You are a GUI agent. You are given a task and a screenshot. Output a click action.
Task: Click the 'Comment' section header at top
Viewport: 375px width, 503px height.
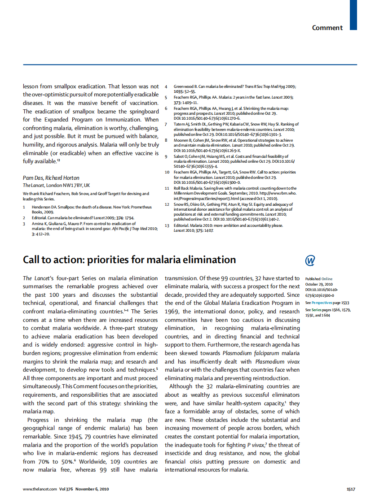click(x=327, y=28)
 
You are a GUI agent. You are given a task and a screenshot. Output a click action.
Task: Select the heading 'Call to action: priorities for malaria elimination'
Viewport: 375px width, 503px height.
click(x=129, y=260)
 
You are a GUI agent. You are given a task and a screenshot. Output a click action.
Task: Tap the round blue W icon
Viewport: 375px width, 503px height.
click(x=309, y=260)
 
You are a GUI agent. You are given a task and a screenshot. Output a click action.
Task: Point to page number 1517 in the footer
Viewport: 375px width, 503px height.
click(x=351, y=489)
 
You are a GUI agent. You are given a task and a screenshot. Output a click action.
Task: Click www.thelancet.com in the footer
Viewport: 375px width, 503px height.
click(x=40, y=489)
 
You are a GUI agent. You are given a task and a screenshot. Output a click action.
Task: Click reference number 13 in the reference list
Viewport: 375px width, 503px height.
click(x=167, y=225)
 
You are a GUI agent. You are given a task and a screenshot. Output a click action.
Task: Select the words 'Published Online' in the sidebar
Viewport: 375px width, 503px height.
click(x=319, y=279)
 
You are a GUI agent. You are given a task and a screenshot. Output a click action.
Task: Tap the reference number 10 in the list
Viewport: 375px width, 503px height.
click(x=167, y=172)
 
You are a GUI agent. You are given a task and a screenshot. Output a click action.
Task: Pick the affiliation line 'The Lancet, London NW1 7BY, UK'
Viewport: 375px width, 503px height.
click(x=56, y=185)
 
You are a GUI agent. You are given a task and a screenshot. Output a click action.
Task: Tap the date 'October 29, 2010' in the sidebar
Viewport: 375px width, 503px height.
click(x=319, y=284)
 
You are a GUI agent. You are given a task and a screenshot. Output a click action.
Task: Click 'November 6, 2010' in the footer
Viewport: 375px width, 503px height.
click(x=92, y=489)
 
